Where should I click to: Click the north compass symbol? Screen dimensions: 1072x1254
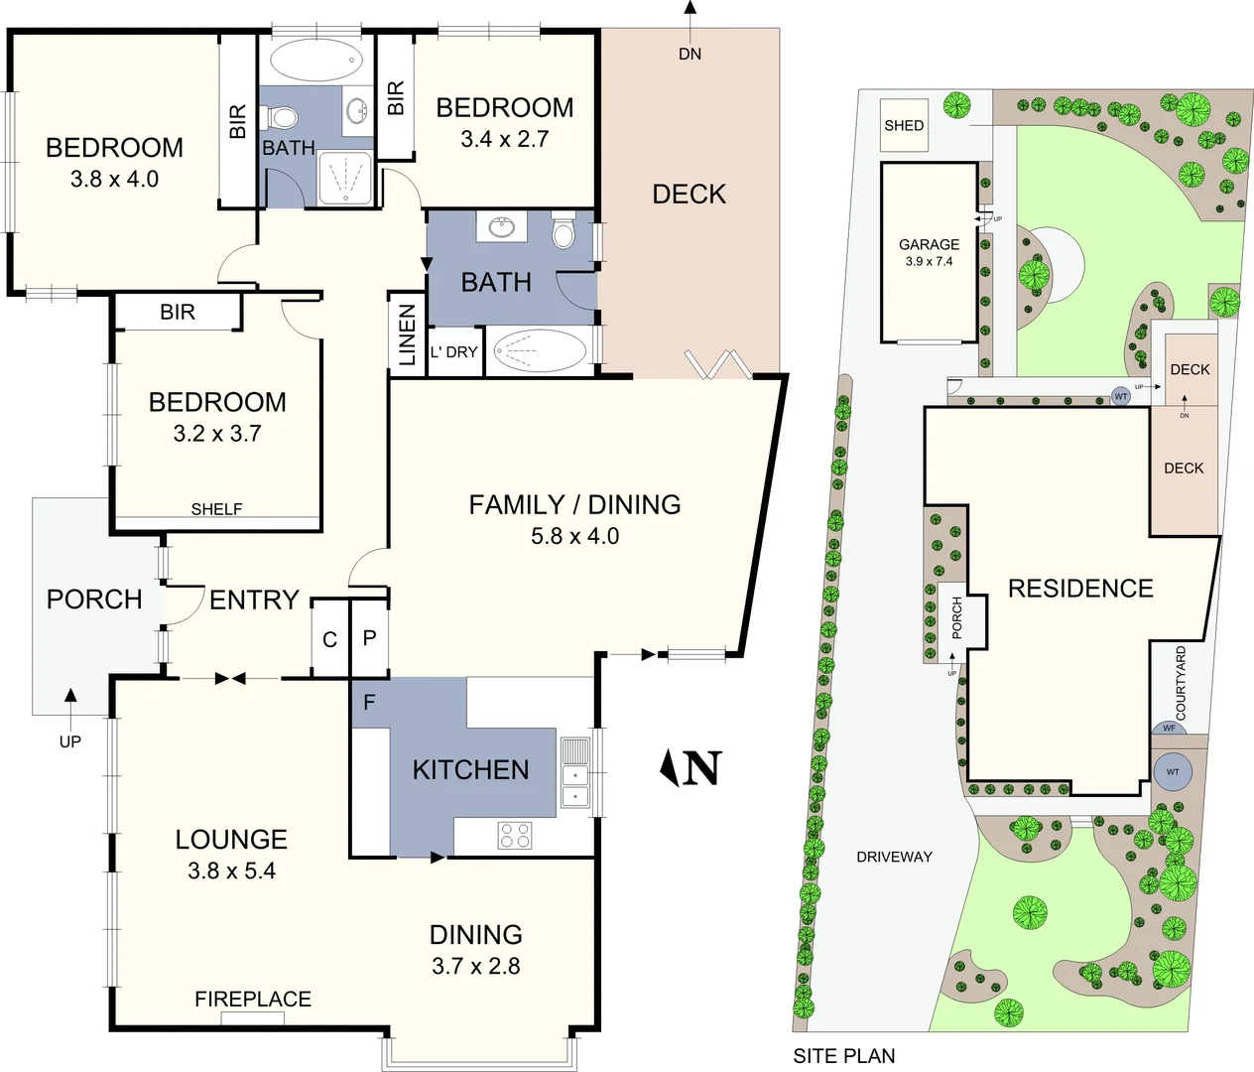(690, 767)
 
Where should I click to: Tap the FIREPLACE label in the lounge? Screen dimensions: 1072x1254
(253, 999)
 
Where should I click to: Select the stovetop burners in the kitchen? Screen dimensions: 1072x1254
(514, 835)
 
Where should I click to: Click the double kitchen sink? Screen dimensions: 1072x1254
(574, 772)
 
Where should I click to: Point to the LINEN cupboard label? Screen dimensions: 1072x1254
(407, 335)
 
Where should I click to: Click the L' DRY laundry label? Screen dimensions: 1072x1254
(454, 352)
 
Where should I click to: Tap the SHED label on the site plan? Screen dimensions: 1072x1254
(904, 125)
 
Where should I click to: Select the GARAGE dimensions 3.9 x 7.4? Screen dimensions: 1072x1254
(929, 262)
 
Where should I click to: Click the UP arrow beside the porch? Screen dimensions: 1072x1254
(70, 716)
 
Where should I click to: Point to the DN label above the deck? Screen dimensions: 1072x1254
(690, 54)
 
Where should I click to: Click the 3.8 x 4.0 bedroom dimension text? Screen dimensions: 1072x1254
(114, 180)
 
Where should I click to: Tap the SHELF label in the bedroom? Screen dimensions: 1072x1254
(216, 509)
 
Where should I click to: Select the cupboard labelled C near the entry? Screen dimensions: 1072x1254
(330, 640)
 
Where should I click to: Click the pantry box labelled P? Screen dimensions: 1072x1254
(369, 638)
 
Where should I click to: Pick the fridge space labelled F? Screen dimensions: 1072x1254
(369, 703)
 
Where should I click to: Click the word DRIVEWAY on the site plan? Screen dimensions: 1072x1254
(894, 857)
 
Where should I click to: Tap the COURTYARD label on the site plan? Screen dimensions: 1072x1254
(1181, 683)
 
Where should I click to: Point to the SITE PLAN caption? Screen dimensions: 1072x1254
(843, 1056)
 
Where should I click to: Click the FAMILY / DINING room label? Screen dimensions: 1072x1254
(574, 504)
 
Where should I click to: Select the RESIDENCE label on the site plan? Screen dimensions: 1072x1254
(1080, 589)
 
